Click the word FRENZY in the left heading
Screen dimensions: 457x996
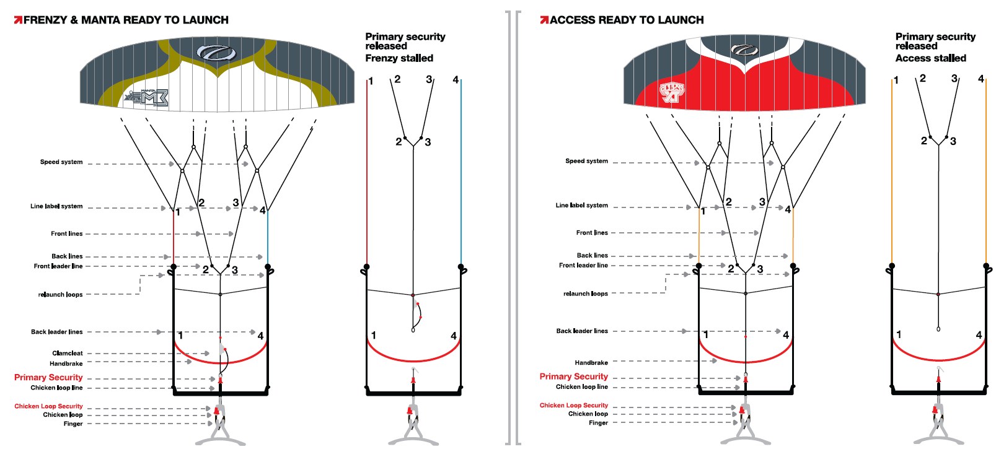coord(45,20)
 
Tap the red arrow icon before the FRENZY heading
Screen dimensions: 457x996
coord(18,20)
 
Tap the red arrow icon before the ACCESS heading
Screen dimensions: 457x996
coord(544,20)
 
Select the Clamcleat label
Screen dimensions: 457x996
coord(68,353)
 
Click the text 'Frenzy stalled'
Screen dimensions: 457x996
coord(399,58)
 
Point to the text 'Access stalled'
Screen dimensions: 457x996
coord(930,58)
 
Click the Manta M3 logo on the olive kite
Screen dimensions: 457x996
coord(146,98)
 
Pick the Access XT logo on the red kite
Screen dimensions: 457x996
coord(672,92)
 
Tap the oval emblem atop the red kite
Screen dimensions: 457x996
coord(744,50)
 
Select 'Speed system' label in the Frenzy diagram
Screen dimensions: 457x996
coord(61,162)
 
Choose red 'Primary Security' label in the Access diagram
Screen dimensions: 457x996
coord(573,376)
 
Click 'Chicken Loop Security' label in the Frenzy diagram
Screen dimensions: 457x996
coord(48,406)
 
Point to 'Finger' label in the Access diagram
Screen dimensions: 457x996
coord(598,423)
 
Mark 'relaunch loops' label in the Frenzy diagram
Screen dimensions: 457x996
coord(60,295)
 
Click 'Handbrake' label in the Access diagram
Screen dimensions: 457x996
coord(591,363)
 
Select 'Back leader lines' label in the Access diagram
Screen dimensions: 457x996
coord(582,331)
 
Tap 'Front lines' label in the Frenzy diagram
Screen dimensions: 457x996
coord(66,234)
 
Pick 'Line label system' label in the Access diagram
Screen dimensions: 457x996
coord(581,206)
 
